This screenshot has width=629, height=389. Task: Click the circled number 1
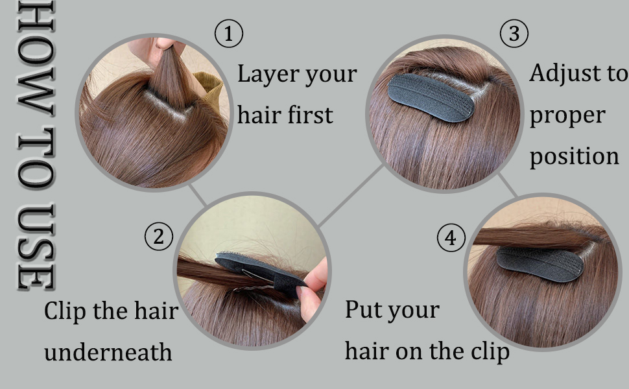coord(228,33)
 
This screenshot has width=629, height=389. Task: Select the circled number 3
coord(514,33)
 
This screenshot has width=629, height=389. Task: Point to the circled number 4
coord(451,238)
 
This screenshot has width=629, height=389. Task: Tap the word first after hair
coord(309,115)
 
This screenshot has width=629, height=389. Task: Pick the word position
coord(574,156)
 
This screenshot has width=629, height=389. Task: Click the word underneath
coord(108,352)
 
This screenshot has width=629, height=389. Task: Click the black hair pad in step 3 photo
coord(431,97)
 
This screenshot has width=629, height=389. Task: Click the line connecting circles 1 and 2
coord(198,195)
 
